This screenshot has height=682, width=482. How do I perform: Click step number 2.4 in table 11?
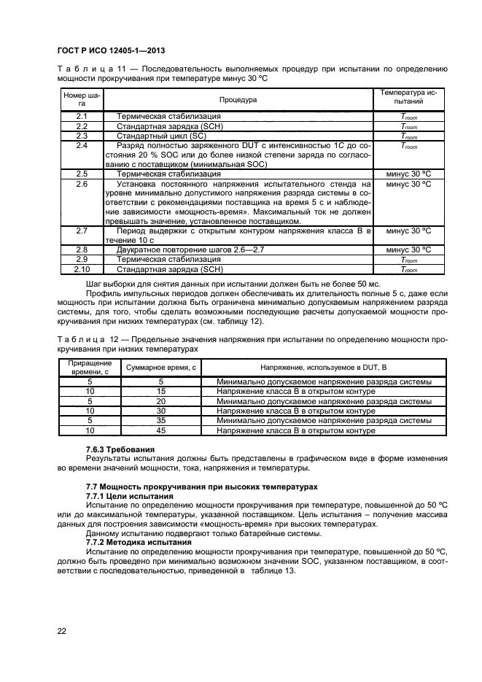[x=82, y=145]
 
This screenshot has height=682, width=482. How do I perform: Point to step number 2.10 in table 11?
[x=82, y=269]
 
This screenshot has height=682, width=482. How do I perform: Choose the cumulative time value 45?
[x=160, y=430]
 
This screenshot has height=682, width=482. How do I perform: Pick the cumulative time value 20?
[x=160, y=401]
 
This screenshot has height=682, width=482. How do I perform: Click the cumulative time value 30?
[x=160, y=411]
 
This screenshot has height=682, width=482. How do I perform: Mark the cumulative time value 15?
[x=160, y=392]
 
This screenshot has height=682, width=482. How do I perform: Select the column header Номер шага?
[x=81, y=99]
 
